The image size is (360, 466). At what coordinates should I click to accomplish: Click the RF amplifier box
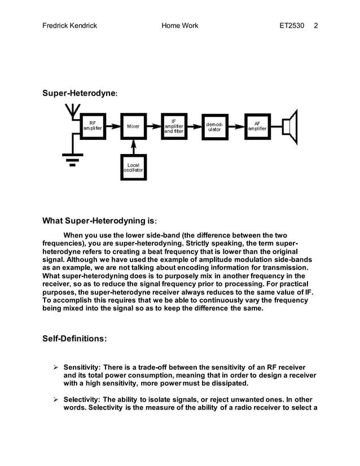click(93, 126)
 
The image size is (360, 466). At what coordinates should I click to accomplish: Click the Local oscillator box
click(133, 167)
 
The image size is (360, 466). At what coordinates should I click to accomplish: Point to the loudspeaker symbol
click(290, 126)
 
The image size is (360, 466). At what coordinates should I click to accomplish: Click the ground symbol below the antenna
click(72, 159)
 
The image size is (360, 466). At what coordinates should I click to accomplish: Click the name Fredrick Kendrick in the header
click(70, 26)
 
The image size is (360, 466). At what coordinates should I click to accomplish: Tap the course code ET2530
click(294, 26)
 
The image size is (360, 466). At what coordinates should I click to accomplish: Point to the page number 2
click(316, 26)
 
